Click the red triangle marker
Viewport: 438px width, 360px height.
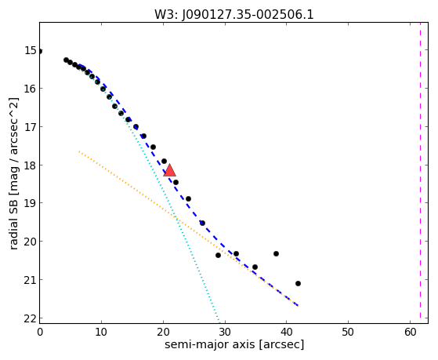point(169,171)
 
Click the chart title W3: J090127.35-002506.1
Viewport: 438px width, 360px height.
point(234,14)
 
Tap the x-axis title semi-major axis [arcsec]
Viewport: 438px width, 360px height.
point(234,344)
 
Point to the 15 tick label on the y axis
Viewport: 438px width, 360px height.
point(31,51)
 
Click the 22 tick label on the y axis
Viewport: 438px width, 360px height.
point(31,318)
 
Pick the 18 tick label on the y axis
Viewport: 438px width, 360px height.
point(31,165)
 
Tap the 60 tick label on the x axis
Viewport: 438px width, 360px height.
point(410,332)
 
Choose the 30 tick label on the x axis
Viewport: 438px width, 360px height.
point(225,332)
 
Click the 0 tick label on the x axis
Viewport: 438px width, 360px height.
point(40,332)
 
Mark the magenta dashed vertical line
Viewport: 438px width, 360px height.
point(420,173)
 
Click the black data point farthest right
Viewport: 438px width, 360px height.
point(298,283)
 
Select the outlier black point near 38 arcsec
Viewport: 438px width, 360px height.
point(276,253)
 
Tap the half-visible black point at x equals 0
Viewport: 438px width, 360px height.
point(40,51)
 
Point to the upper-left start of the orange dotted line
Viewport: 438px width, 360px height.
point(79,151)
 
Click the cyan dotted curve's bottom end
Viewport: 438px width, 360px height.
point(219,322)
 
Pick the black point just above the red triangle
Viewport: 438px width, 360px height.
point(165,161)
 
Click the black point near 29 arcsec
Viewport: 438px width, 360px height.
point(218,255)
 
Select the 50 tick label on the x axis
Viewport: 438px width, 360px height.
point(348,332)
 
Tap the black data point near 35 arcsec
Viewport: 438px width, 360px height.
point(255,267)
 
